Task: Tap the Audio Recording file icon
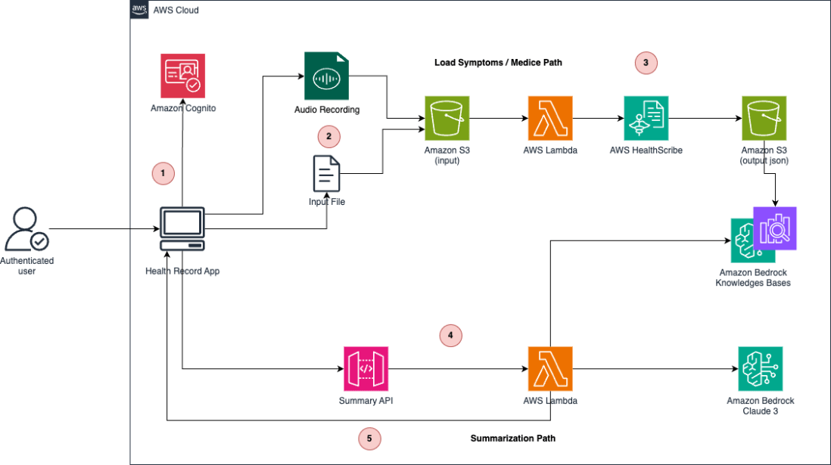326,76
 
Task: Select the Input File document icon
326,173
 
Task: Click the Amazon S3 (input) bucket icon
447,118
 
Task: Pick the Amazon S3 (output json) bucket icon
764,118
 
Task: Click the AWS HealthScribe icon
646,118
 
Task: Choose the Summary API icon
366,369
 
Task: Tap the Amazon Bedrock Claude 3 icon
760,369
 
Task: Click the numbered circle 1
163,173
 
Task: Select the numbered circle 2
328,137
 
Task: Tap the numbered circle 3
646,63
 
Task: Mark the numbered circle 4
451,334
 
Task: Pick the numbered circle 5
369,438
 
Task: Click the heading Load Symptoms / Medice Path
498,63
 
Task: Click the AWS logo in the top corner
139,10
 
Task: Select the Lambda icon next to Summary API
550,369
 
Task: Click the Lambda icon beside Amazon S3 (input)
550,118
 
